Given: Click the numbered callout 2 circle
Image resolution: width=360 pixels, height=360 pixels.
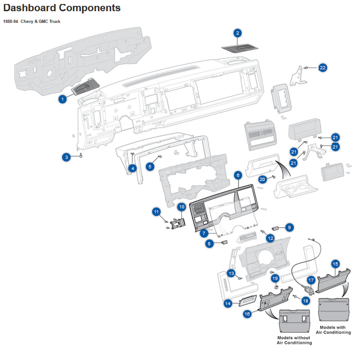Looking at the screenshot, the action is (238, 33).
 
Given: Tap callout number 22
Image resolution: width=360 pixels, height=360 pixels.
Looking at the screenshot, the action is (323, 68).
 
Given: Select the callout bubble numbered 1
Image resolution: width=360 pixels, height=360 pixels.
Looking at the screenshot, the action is (62, 99).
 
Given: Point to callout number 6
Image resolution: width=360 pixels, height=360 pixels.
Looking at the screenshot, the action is (238, 175).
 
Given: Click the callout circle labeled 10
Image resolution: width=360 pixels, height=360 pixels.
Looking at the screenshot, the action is (181, 207).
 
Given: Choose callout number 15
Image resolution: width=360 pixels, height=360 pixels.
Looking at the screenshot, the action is (335, 264).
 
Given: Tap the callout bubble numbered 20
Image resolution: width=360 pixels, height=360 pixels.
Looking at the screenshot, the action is (262, 179).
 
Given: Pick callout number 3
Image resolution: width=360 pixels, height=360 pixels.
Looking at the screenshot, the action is (66, 157).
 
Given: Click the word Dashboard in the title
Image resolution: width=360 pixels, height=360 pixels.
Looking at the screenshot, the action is (30, 8).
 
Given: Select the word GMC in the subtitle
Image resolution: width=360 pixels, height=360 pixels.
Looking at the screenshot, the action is (44, 21).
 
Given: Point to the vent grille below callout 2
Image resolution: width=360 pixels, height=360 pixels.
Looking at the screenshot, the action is (240, 48).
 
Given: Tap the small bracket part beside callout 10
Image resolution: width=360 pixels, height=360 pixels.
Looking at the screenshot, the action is (178, 223).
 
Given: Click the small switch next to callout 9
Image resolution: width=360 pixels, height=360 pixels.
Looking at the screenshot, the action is (275, 228).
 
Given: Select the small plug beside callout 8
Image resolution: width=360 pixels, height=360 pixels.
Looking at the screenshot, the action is (224, 242).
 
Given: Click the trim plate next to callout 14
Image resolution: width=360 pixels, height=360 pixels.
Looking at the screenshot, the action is (248, 301).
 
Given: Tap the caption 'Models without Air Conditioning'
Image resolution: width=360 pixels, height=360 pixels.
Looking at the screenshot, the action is (294, 340).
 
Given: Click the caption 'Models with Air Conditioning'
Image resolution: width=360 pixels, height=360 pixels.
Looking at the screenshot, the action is (333, 330).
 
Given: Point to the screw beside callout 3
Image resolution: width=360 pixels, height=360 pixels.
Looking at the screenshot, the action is (81, 155).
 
